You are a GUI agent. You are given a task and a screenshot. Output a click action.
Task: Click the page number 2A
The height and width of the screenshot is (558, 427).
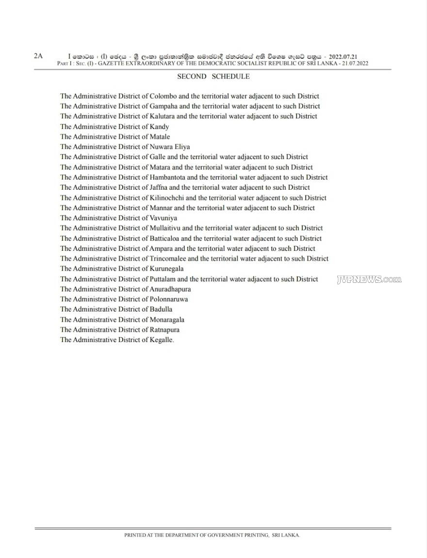(x=38, y=56)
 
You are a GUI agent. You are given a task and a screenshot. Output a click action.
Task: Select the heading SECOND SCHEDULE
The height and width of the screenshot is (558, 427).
(x=213, y=76)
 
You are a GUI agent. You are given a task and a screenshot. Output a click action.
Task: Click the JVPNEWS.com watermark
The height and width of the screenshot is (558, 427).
(x=369, y=279)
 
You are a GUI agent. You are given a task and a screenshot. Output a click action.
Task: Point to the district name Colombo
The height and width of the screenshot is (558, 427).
(x=165, y=96)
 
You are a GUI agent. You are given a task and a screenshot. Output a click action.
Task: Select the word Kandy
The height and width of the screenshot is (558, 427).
(x=160, y=127)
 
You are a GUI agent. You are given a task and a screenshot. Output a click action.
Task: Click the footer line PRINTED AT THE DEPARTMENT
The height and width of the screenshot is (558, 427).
(x=212, y=535)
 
